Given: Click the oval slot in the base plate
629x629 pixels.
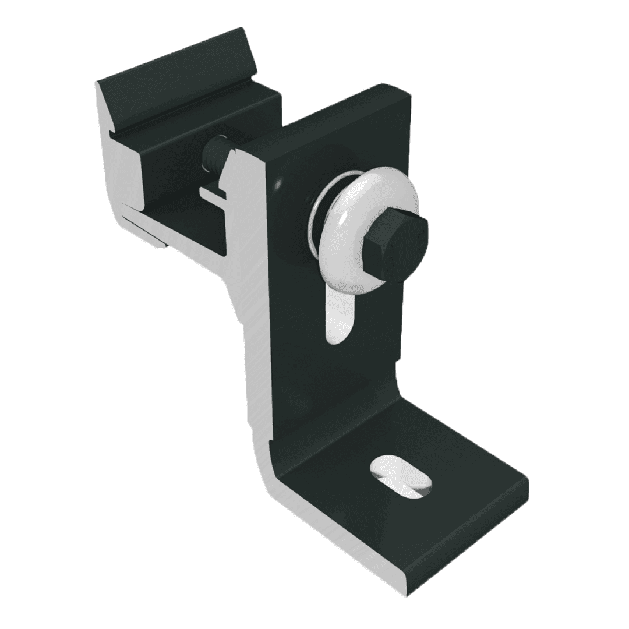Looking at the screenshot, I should pos(402,475).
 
